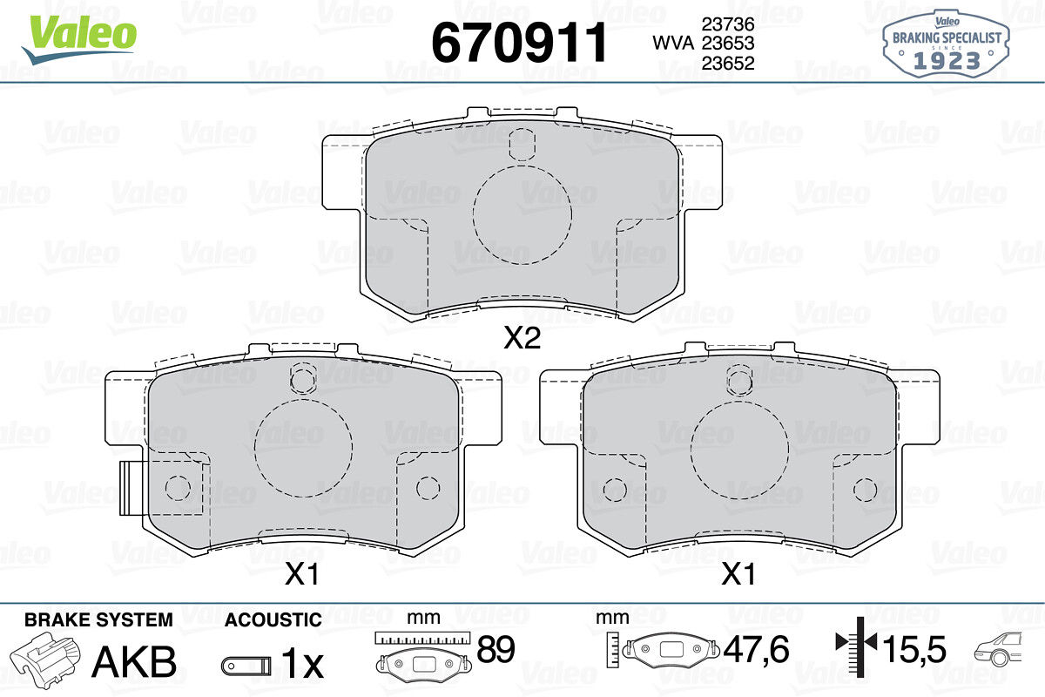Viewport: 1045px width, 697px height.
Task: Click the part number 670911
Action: pos(519,43)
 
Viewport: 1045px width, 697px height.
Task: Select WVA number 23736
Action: pos(728,24)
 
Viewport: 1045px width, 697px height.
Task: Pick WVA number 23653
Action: pos(728,43)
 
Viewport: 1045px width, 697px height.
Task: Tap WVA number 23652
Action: pos(728,63)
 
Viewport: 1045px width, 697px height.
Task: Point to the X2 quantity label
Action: pos(522,338)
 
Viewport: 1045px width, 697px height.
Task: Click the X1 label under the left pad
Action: pos(302,574)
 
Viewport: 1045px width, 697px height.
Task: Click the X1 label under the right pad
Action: pos(738,574)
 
